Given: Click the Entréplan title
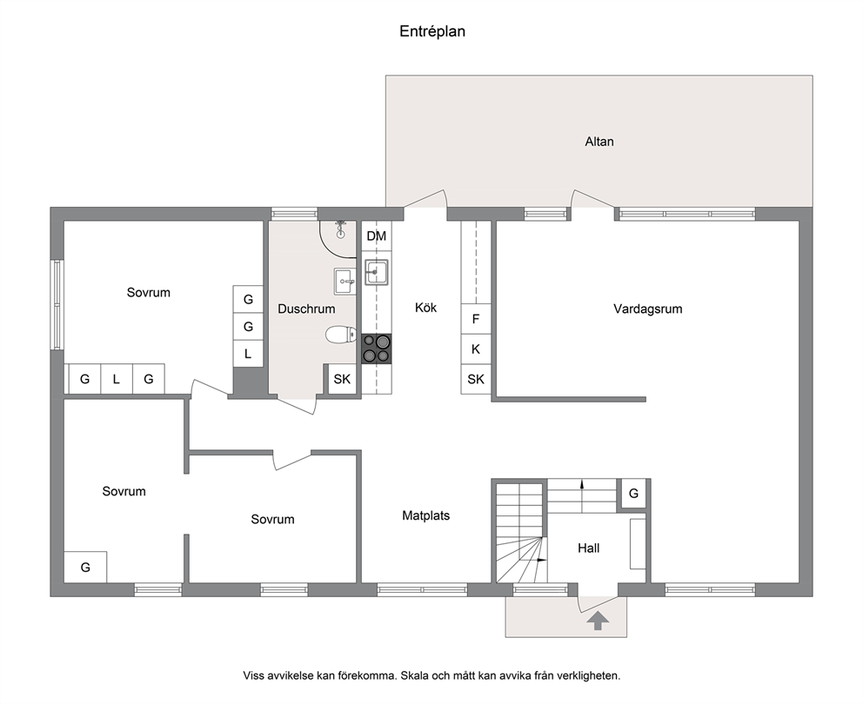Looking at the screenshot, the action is pos(432,31).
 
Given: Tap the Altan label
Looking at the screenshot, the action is pos(599,142).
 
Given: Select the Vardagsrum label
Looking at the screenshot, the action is pos(648,309).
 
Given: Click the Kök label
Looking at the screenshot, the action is pos(425,308).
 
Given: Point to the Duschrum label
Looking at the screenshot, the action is pos(306,309).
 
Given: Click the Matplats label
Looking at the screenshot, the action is pos(425,515).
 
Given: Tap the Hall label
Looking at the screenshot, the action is pos(588,548).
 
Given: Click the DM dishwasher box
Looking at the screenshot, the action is pos(377,236).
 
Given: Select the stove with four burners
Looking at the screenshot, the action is pos(377,349).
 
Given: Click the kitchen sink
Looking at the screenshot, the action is pos(377,272).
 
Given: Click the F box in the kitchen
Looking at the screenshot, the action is pos(476,319).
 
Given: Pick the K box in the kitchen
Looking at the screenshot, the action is pos(476,349).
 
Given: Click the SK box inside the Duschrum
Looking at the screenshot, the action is pos(342,379).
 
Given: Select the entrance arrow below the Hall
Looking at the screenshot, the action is pos(598,621).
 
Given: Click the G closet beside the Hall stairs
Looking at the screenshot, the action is pos(633,494).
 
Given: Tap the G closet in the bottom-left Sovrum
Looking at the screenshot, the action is pos(85,567).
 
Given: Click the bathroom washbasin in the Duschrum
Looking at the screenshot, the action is pos(345,282).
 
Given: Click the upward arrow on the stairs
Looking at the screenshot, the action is pos(582,495).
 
